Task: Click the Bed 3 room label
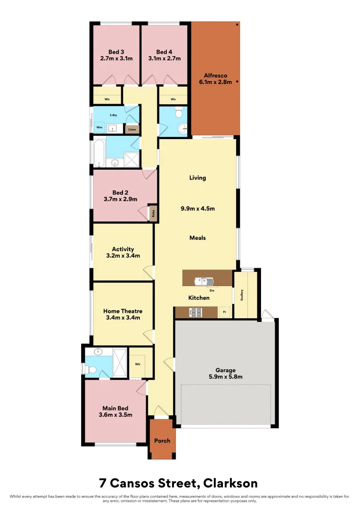[116, 52]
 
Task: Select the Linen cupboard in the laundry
[132, 129]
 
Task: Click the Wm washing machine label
[99, 127]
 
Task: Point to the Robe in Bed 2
[153, 213]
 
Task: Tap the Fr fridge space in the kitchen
[225, 312]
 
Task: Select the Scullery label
[242, 295]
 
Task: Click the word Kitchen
[199, 298]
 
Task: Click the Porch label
[162, 441]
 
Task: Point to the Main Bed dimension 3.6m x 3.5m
[115, 415]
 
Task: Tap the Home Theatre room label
[123, 311]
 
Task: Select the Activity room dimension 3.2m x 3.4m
[123, 256]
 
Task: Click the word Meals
[197, 238]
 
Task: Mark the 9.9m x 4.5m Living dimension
[198, 208]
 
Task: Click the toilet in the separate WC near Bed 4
[178, 113]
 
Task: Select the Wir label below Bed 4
[173, 99]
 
